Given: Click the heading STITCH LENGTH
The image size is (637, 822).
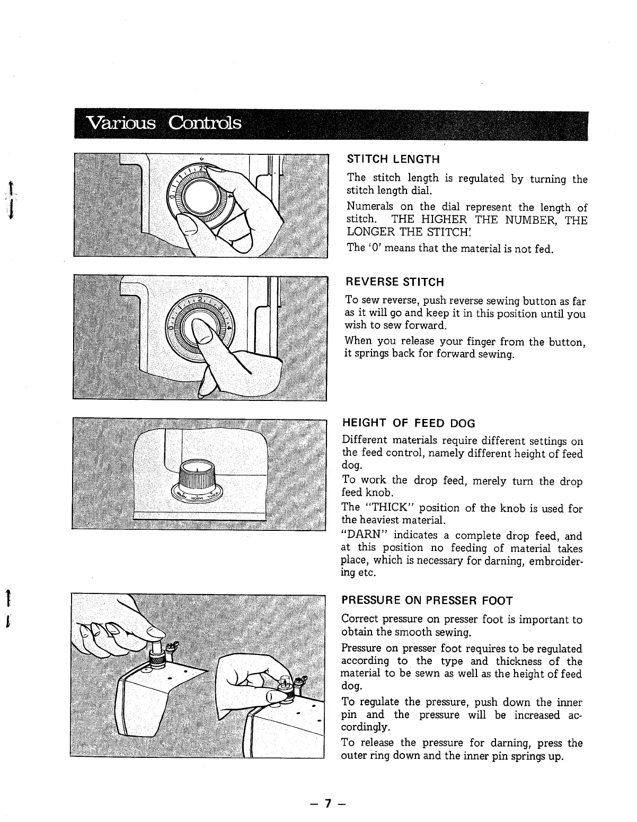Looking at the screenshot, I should [393, 159].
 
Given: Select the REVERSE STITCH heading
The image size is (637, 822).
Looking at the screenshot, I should [394, 282].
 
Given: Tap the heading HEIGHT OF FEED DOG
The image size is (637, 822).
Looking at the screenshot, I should [409, 423].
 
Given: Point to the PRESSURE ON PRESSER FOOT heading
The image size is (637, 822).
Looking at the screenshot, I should [427, 601].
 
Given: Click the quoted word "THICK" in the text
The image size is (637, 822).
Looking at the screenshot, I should [390, 509].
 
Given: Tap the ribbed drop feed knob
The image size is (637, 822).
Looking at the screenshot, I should [197, 477].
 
